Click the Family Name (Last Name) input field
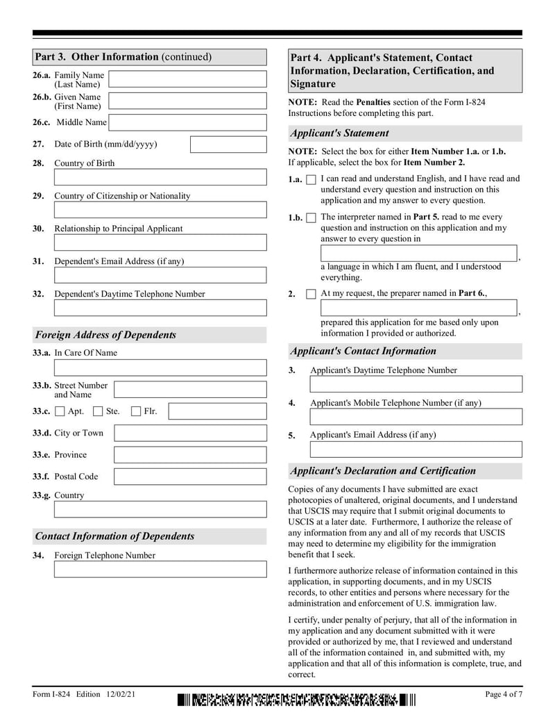[187, 78]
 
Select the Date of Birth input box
[228, 144]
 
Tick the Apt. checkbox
[60, 411]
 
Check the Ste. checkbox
[99, 411]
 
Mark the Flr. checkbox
[137, 411]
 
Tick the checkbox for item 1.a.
[311, 180]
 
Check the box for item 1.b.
[311, 218]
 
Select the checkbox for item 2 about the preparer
[311, 294]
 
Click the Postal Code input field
[189, 477]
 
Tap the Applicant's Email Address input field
[416, 449]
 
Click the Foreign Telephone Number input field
[160, 570]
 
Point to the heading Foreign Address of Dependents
[105, 335]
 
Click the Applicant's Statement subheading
[339, 133]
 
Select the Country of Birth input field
[160, 177]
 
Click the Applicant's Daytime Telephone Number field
[416, 384]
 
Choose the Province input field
[189, 455]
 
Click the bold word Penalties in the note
[375, 102]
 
